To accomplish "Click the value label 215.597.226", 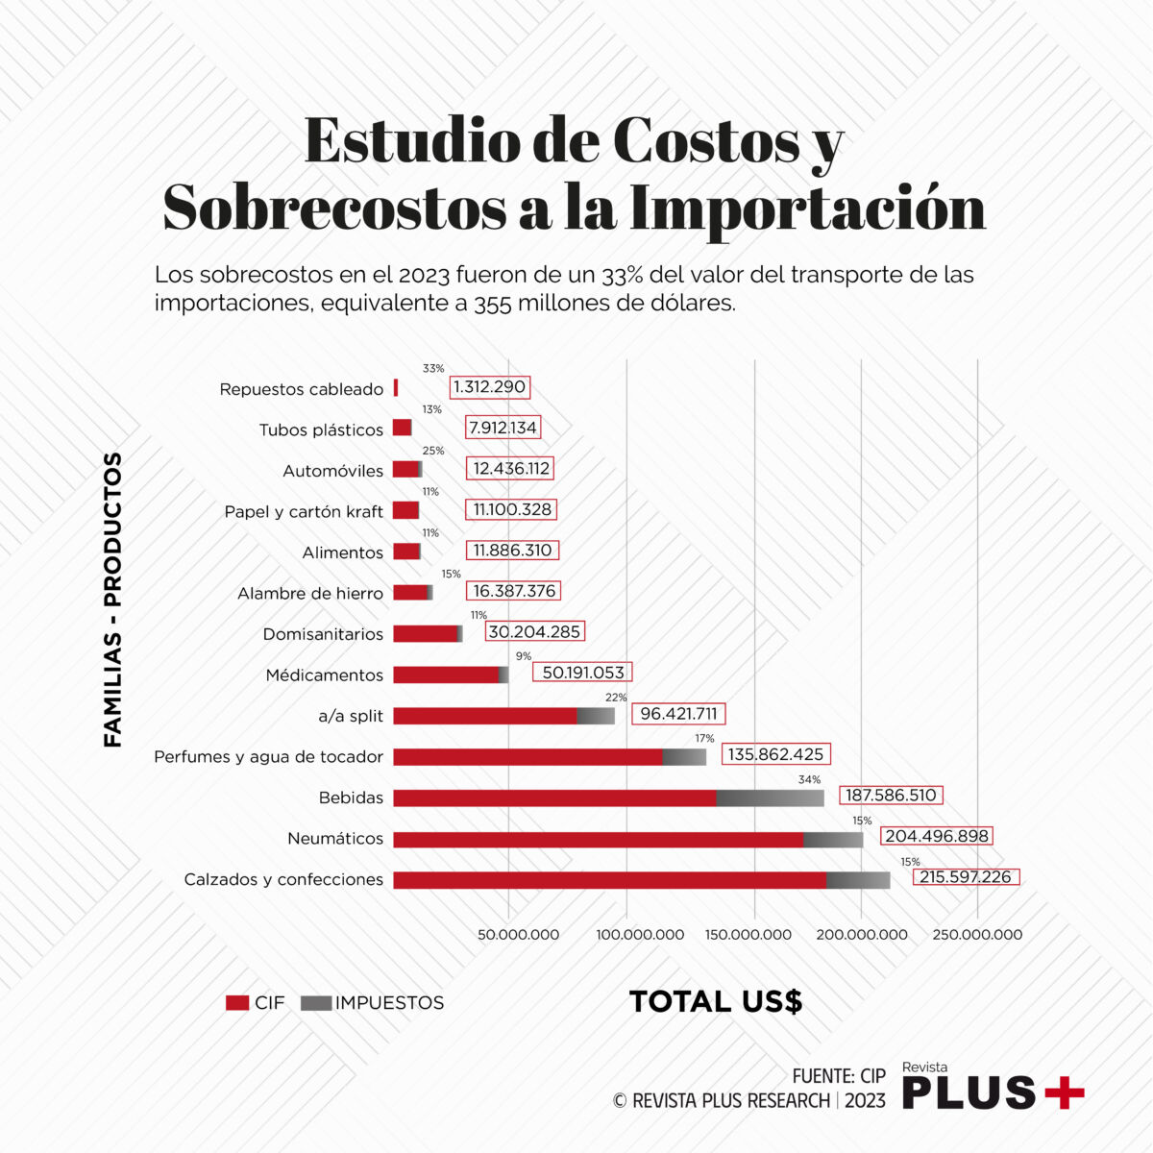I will [x=965, y=877].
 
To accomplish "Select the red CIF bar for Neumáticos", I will [x=598, y=840].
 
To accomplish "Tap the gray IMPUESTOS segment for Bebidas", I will [x=770, y=798].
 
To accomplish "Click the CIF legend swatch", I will [x=237, y=1003].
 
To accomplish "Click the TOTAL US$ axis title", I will [x=716, y=1001].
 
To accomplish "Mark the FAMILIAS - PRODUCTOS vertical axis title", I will [x=113, y=600].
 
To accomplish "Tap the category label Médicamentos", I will [x=324, y=675].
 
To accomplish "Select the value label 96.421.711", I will [x=678, y=714].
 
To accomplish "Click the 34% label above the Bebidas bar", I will [x=809, y=779].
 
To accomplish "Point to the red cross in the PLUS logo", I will [x=1064, y=1092].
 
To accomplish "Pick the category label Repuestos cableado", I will [x=301, y=389].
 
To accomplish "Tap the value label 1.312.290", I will [x=489, y=387].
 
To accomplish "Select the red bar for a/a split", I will [x=484, y=716].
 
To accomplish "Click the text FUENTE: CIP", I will [x=839, y=1076].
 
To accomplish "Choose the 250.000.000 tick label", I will [x=977, y=935].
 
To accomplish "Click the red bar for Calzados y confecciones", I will [x=609, y=880].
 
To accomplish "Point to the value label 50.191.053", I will [x=582, y=673].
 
